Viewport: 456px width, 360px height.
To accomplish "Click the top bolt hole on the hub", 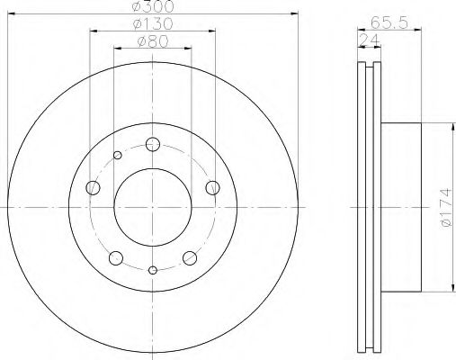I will (153, 145).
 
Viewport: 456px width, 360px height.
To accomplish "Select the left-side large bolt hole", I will (93, 188).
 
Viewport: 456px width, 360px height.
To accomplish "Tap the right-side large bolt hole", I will (213, 187).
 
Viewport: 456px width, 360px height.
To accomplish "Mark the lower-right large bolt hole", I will (190, 258).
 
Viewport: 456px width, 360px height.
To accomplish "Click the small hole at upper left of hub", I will (117, 156).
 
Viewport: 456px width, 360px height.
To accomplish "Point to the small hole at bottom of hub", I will (153, 269).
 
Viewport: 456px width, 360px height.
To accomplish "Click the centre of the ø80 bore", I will (153, 207).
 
